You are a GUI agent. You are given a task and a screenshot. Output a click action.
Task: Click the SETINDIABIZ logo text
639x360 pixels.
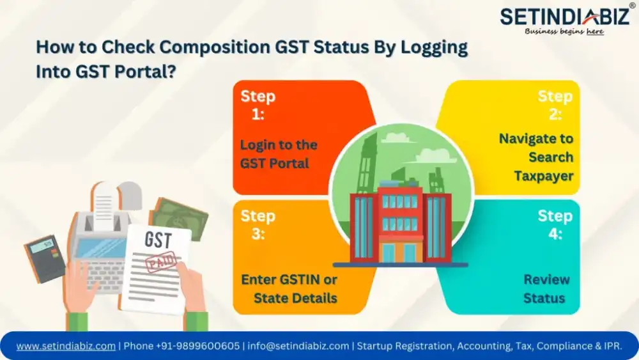564,17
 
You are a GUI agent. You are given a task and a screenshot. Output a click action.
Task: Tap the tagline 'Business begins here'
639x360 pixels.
564,31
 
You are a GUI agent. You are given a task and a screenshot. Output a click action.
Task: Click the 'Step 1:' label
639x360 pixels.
258,105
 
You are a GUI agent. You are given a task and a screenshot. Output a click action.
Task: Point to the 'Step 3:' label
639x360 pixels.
258,224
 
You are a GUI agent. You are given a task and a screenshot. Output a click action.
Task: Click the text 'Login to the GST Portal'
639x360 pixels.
279,154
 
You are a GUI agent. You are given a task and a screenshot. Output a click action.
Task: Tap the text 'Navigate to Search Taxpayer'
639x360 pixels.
536,157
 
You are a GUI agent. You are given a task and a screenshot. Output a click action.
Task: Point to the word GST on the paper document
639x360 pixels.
157,241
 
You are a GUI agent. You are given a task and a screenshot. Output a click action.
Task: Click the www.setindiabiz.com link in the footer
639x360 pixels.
66,346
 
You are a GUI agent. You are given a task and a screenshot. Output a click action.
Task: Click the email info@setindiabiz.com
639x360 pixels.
298,346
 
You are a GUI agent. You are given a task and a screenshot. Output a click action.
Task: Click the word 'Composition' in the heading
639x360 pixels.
178,48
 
